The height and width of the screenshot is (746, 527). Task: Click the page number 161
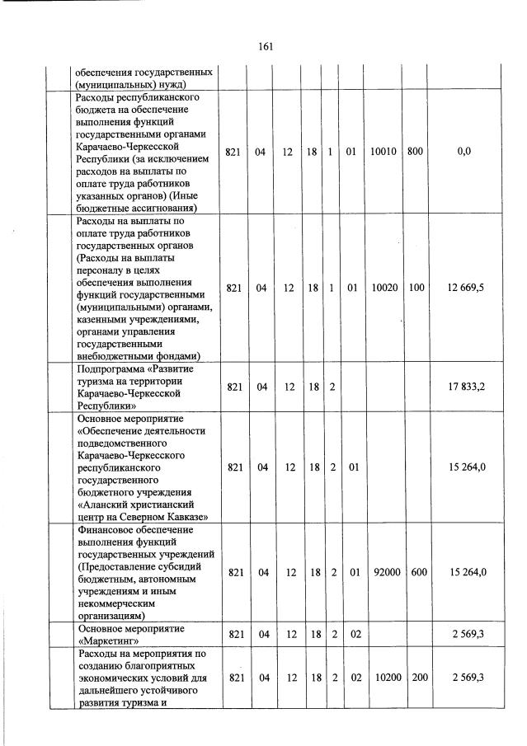265,46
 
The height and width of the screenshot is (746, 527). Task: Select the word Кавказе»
186,516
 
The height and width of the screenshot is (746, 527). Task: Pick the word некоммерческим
116,603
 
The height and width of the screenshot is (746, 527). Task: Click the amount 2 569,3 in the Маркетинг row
470,633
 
